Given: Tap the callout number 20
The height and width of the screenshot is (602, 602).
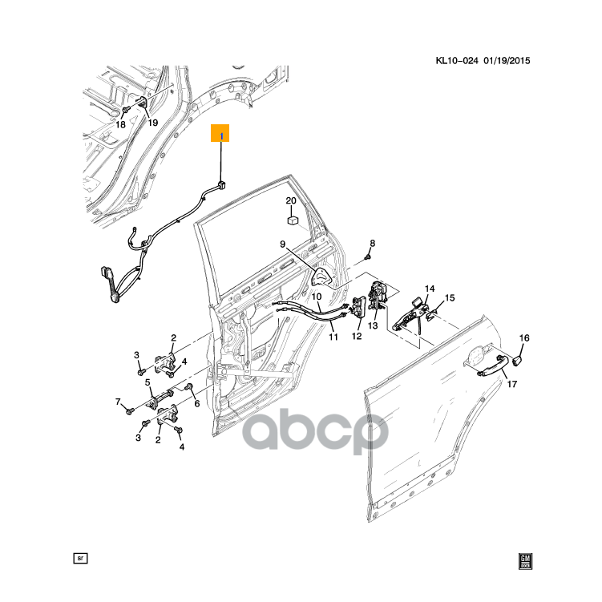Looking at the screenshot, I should pyautogui.click(x=291, y=200).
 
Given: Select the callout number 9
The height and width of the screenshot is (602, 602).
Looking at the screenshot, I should pyautogui.click(x=283, y=244).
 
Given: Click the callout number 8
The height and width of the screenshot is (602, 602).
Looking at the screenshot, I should pyautogui.click(x=372, y=243).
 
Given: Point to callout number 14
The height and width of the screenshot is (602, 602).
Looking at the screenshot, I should pyautogui.click(x=429, y=289).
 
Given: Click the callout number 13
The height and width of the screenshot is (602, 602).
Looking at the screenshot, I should pyautogui.click(x=373, y=326).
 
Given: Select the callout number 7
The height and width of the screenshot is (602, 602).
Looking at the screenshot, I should pyautogui.click(x=118, y=401).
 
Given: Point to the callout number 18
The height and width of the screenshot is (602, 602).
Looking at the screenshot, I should pyautogui.click(x=120, y=124).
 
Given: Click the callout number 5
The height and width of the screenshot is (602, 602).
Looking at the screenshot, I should pyautogui.click(x=148, y=382).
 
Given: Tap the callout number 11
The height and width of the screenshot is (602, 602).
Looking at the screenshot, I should pyautogui.click(x=333, y=337).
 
